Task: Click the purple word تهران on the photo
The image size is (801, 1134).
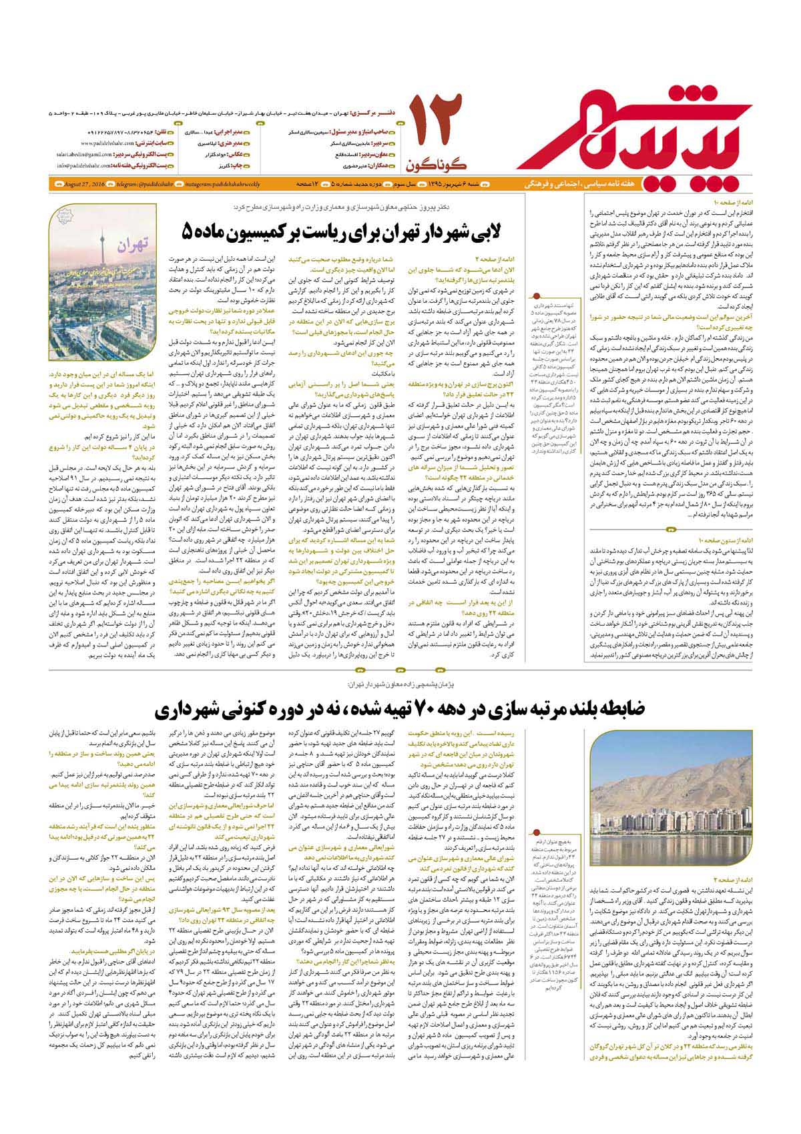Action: coord(135,246)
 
